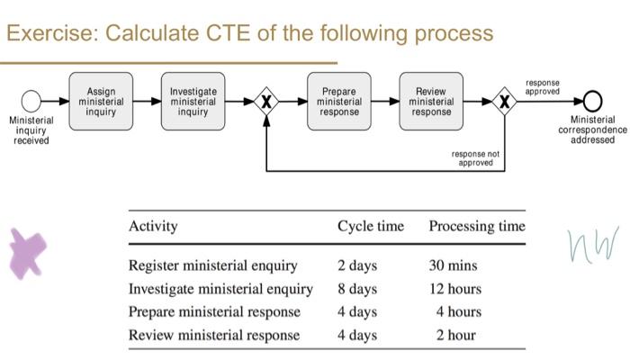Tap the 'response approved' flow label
pyautogui.click(x=542, y=86)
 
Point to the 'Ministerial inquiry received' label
pyautogui.click(x=31, y=130)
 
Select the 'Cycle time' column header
pyautogui.click(x=370, y=226)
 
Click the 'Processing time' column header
pyautogui.click(x=477, y=226)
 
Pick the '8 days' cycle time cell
pyautogui.click(x=357, y=289)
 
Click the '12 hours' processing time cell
pyautogui.click(x=455, y=289)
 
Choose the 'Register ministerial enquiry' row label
pyautogui.click(x=213, y=265)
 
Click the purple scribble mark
pyautogui.click(x=28, y=251)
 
